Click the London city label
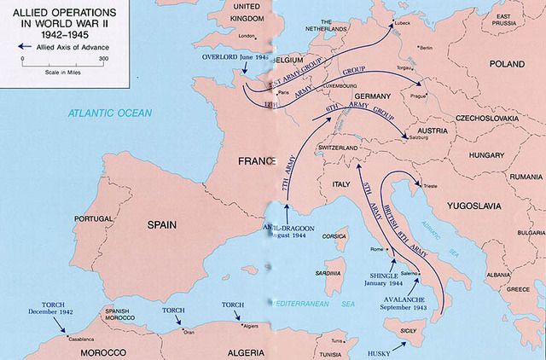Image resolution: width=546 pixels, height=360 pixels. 247,36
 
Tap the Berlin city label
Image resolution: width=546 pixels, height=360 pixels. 426,48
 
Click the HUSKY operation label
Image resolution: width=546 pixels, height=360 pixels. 380,351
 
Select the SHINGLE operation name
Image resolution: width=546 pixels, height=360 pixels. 386,276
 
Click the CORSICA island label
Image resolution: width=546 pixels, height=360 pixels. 334,236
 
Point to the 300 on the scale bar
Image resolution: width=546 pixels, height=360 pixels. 102,58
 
